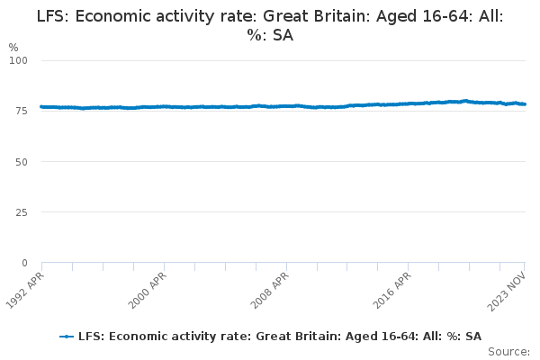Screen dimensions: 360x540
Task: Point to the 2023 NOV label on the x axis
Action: (x=509, y=291)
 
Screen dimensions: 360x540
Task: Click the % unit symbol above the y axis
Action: (x=13, y=47)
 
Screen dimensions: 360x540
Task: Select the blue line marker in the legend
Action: (x=66, y=336)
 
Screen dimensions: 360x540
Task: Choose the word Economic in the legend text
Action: (x=131, y=336)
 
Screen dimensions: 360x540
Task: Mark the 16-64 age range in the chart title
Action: (x=439, y=16)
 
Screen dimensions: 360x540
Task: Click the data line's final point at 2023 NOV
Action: (x=525, y=104)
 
